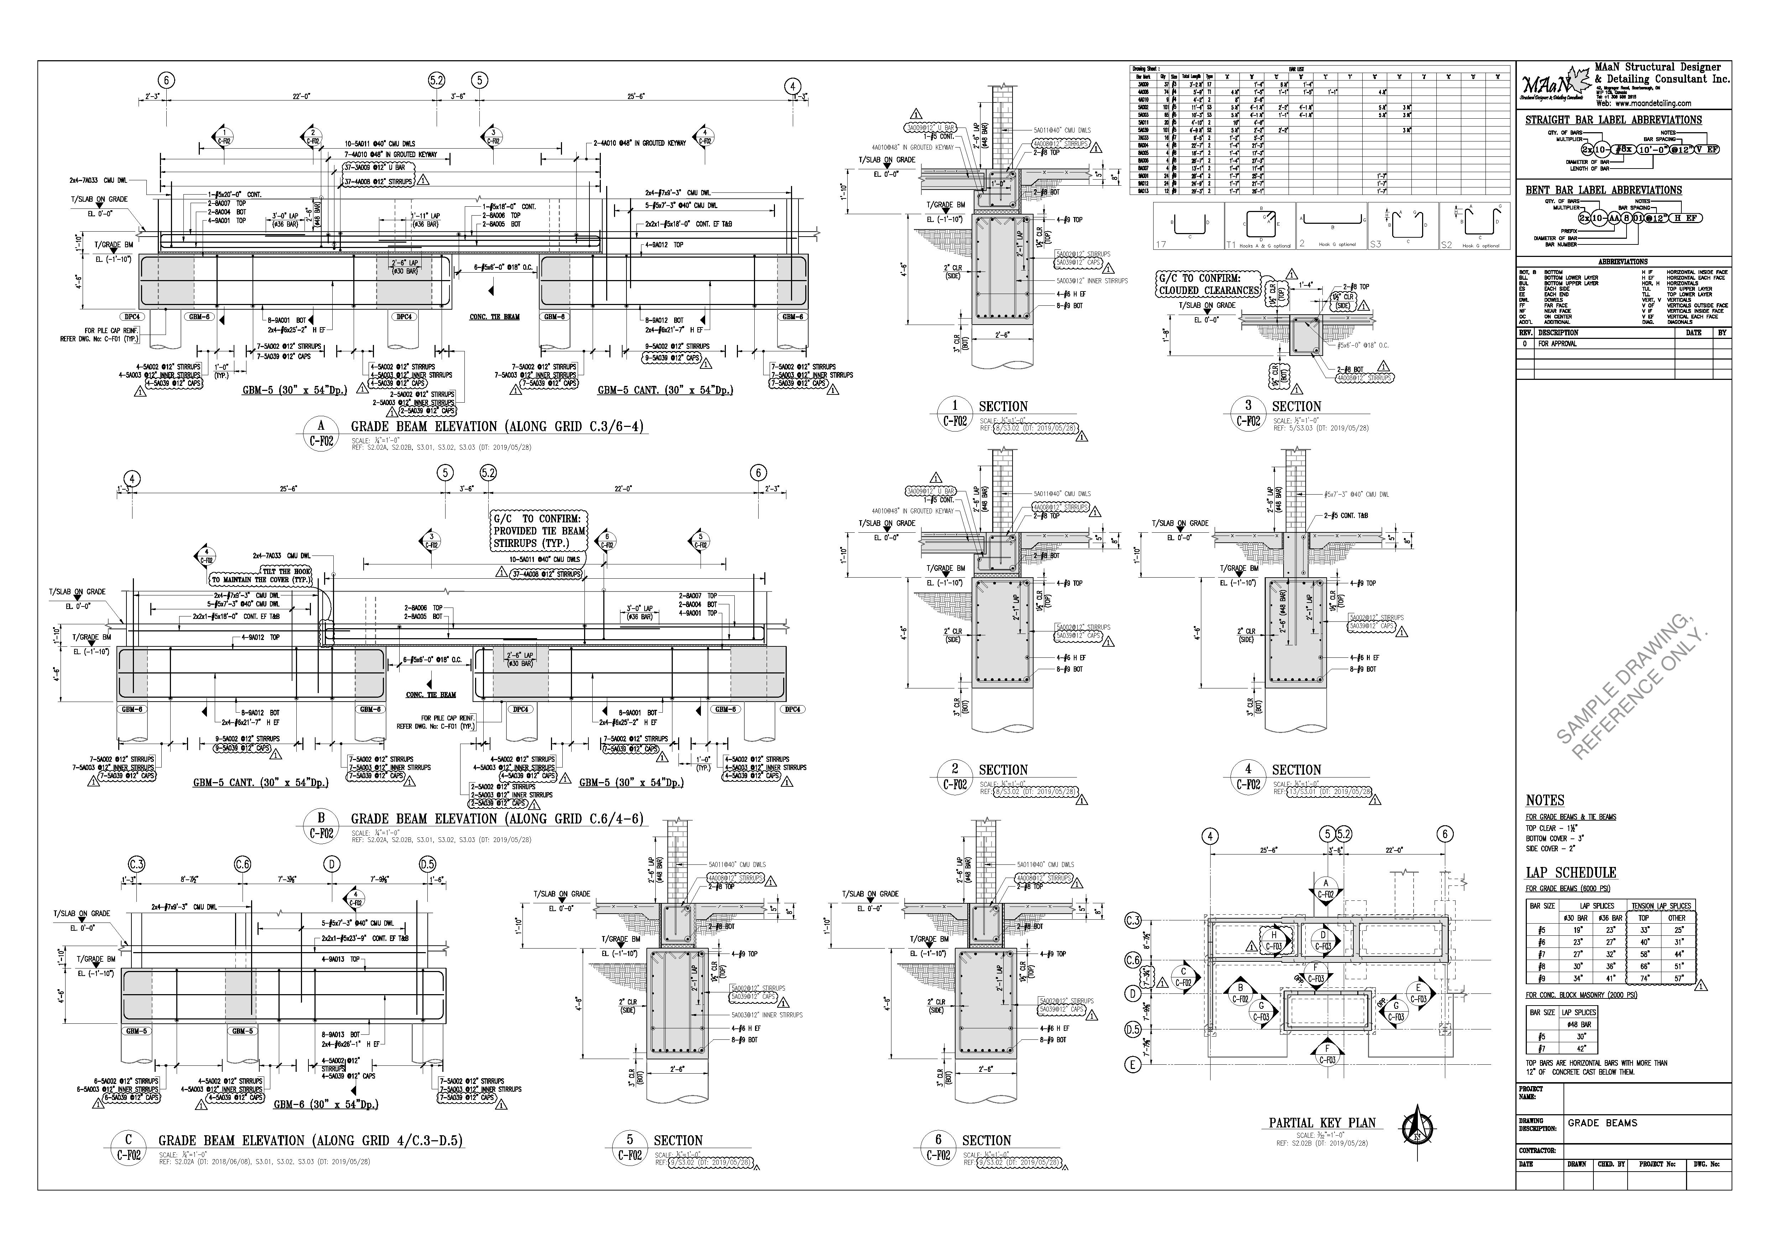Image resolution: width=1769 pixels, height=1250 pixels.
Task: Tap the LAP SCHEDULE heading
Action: click(x=1570, y=872)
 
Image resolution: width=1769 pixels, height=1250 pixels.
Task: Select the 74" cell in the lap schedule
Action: click(x=1643, y=978)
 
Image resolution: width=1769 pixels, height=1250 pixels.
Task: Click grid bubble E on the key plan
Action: click(x=1133, y=1065)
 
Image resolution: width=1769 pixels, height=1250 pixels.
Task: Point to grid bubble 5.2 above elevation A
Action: click(x=436, y=80)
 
